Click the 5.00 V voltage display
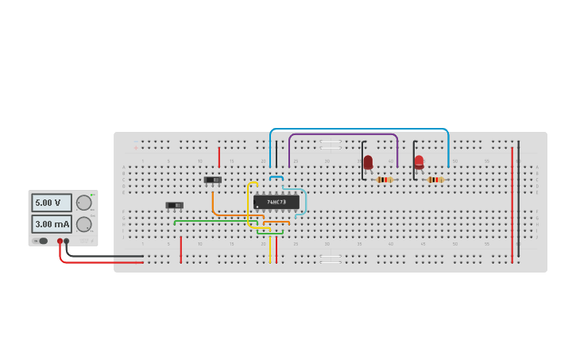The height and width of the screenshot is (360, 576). pos(51,203)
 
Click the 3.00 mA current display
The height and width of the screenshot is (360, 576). pos(51,224)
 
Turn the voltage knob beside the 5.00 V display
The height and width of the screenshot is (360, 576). pos(83,203)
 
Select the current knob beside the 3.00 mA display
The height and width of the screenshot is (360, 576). pos(83,224)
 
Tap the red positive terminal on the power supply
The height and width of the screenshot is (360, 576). pos(60,241)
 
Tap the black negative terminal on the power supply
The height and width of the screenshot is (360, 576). pos(67,241)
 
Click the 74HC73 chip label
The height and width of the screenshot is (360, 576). pos(276,202)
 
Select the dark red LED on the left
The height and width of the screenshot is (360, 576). pos(368,162)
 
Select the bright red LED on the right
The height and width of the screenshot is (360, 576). pos(419,161)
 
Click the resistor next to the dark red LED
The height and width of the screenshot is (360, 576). pos(385,180)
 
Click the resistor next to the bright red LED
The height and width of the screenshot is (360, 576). pos(435,180)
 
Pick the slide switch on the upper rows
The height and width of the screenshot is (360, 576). pos(212,180)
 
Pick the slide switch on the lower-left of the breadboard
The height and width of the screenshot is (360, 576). pos(174,205)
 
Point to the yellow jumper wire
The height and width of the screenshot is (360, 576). pos(249,207)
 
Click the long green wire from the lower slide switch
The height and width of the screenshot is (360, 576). pos(215,221)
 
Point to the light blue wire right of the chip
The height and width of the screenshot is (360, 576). pos(305,202)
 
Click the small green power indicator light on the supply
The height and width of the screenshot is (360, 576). pos(93,194)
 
